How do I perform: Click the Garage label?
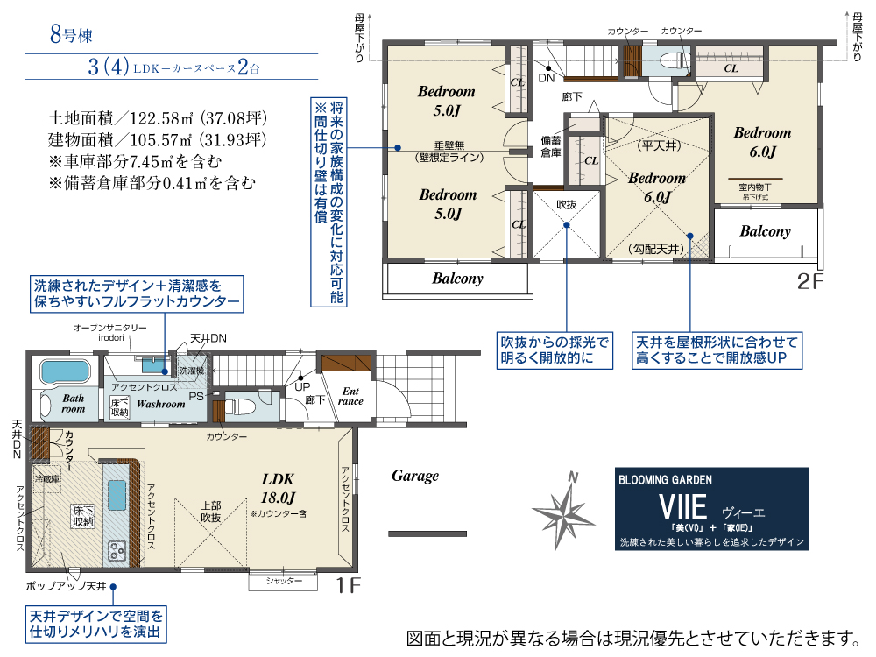pyautogui.click(x=414, y=476)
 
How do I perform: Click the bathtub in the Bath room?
pyautogui.click(x=65, y=371)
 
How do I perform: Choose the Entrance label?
pyautogui.click(x=350, y=396)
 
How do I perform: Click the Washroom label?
pyautogui.click(x=160, y=404)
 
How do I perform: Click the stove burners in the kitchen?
pyautogui.click(x=117, y=549)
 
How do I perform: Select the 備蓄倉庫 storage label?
pyautogui.click(x=551, y=147)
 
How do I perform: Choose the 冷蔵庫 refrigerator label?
pyautogui.click(x=47, y=479)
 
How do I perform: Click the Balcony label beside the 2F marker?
pyautogui.click(x=765, y=231)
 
